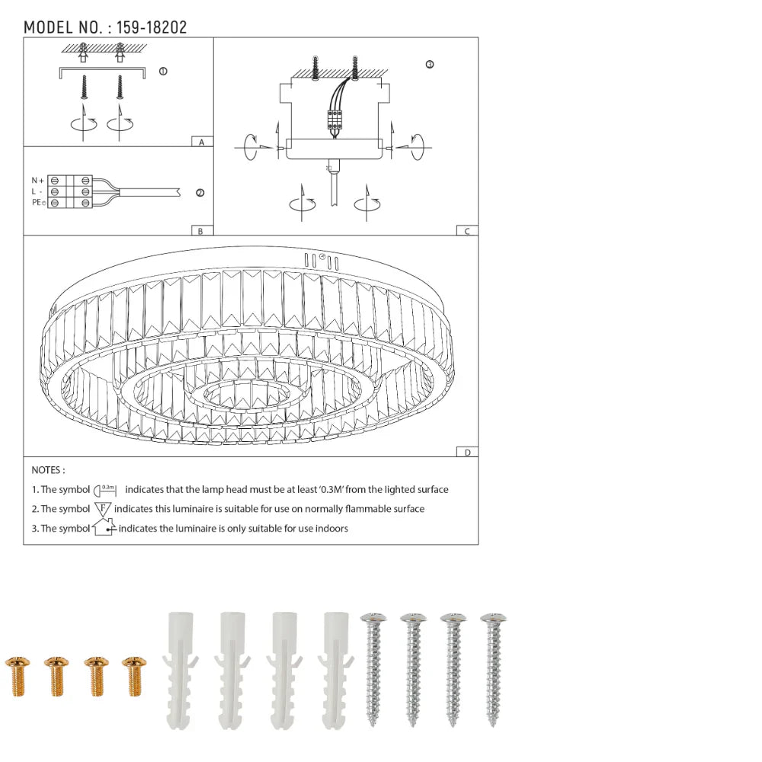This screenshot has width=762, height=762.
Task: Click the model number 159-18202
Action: pos(152,27)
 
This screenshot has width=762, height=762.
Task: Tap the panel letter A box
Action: pos(201,142)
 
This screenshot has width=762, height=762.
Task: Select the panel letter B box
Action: pos(201,231)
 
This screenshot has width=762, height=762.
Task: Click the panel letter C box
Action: pos(467,231)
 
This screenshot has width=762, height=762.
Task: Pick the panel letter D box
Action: pos(467,452)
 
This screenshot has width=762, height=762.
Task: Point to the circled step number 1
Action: pos(162,72)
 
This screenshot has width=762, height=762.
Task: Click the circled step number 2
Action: pos(200,193)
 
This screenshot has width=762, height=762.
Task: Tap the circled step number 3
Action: pos(429,65)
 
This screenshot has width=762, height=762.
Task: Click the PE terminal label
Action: pos(37,203)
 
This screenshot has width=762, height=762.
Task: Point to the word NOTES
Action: pos(48,471)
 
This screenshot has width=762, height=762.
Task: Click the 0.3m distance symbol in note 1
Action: pos(104,490)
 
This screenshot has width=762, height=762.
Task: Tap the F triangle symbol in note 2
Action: pos(103,508)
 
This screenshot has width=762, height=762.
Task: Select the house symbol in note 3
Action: pos(103,527)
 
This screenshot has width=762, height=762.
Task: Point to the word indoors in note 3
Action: pos(330,528)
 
